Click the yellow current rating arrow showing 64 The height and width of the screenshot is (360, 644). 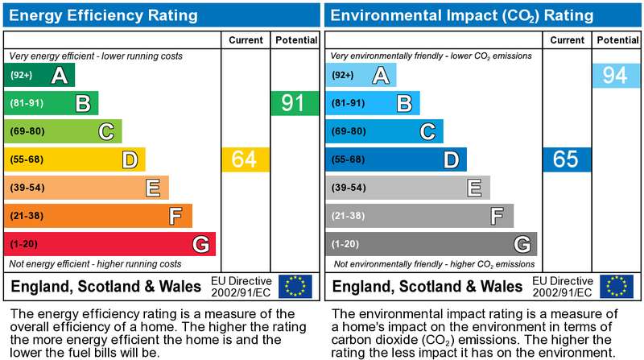point(246,159)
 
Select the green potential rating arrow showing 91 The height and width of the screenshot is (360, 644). point(295,103)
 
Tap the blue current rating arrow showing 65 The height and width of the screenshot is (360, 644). point(567,159)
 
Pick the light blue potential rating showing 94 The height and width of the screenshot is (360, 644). point(616,75)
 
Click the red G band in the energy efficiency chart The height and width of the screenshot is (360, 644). point(109,244)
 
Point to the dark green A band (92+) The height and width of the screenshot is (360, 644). point(39,75)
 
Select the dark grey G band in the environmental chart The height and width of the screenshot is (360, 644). point(431,244)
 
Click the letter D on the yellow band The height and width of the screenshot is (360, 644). point(130,159)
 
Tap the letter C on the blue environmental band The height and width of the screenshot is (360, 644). point(427,132)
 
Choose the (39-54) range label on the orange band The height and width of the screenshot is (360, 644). point(27,188)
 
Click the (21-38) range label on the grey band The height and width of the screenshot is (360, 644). point(349,216)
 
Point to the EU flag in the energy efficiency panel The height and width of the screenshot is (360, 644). point(295,286)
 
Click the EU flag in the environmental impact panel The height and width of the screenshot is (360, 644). point(617,286)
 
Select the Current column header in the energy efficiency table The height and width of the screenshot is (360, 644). point(246,40)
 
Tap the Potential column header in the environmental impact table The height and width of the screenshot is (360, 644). point(617,40)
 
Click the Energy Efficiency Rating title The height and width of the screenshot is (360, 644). point(103,15)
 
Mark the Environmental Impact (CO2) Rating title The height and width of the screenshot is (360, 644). point(461,15)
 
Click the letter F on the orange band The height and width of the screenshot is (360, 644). point(175,216)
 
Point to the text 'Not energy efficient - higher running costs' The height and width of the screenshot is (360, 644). point(95,264)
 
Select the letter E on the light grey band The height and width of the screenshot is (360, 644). point(474,188)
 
